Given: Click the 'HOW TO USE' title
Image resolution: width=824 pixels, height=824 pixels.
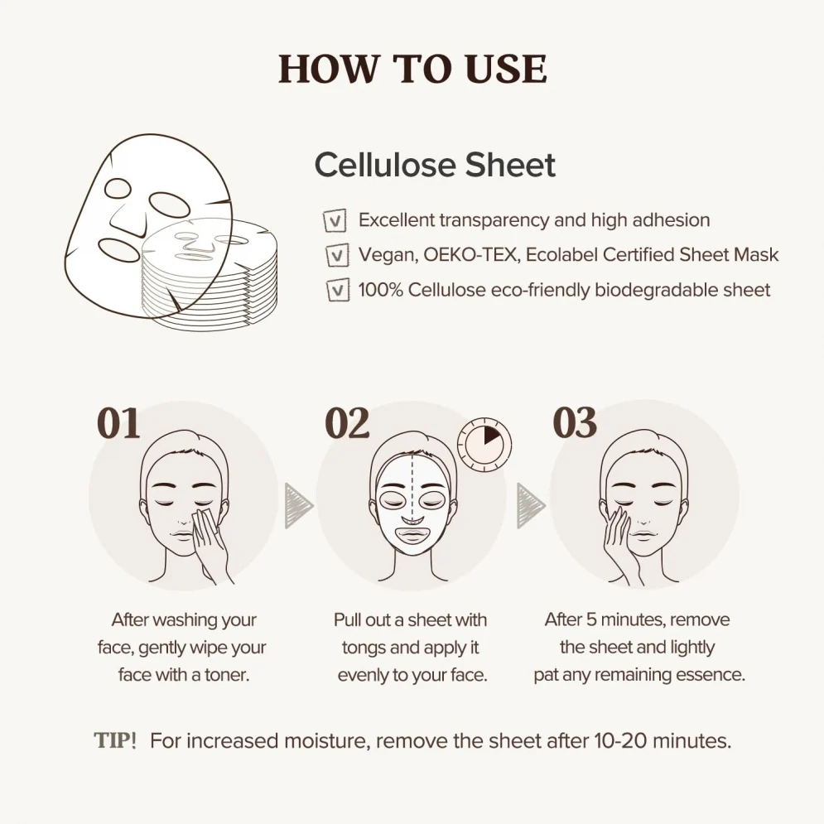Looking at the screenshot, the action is (412, 69).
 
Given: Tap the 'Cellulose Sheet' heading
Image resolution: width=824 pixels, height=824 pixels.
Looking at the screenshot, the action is (435, 165).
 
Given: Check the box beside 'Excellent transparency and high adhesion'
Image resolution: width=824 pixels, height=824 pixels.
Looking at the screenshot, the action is (335, 221).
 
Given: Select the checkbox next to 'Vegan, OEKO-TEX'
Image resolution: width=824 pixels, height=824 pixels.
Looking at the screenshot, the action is (337, 255).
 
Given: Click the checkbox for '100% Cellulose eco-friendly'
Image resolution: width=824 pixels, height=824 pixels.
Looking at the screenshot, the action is (338, 290).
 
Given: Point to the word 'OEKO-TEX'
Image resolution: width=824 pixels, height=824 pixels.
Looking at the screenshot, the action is (470, 255).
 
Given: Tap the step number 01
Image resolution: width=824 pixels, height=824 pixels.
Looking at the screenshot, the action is (118, 423).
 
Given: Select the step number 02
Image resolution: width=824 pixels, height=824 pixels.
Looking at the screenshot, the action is (347, 423).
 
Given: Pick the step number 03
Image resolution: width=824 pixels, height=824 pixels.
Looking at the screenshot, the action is (575, 422).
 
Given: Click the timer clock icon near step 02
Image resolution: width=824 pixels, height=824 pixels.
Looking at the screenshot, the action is (484, 444).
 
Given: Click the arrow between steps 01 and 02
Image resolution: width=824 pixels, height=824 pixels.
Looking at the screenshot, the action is (298, 506).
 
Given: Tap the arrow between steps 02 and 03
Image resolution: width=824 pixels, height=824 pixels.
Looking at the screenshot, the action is (531, 506).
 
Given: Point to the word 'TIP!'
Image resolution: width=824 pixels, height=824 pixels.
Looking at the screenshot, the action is (115, 741).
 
